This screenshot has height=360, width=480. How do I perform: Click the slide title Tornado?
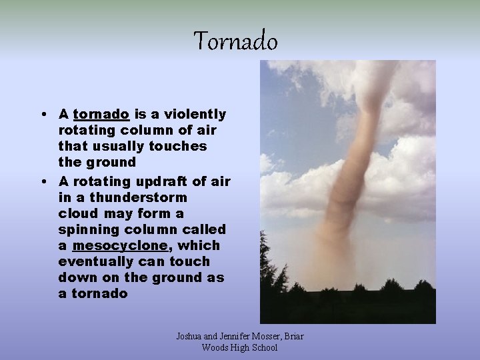click(x=235, y=42)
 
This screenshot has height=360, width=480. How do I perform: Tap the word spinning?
click(x=89, y=229)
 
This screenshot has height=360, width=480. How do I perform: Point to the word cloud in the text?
click(x=77, y=213)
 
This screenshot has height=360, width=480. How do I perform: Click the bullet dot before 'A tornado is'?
click(x=43, y=115)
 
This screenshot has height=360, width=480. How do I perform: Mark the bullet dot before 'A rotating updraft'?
click(x=43, y=182)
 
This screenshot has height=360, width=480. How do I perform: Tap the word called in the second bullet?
click(x=207, y=229)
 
